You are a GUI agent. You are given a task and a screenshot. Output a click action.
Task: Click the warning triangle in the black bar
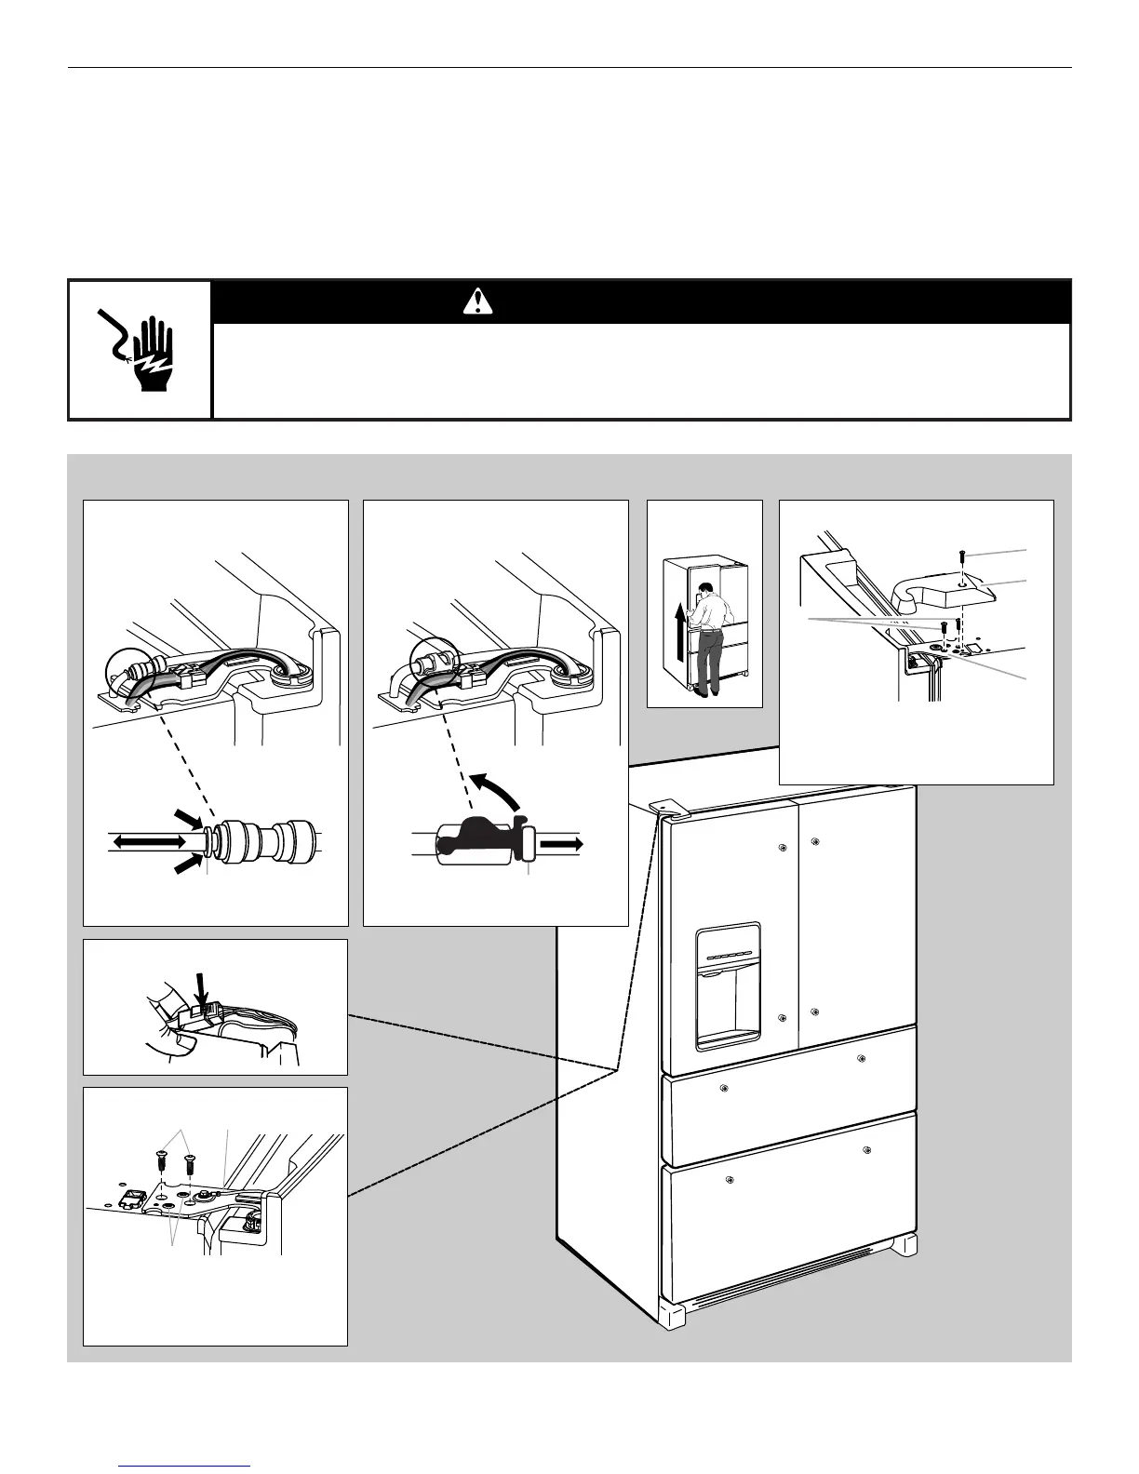[x=477, y=301]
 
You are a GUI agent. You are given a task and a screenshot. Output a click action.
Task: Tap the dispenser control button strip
[x=727, y=957]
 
